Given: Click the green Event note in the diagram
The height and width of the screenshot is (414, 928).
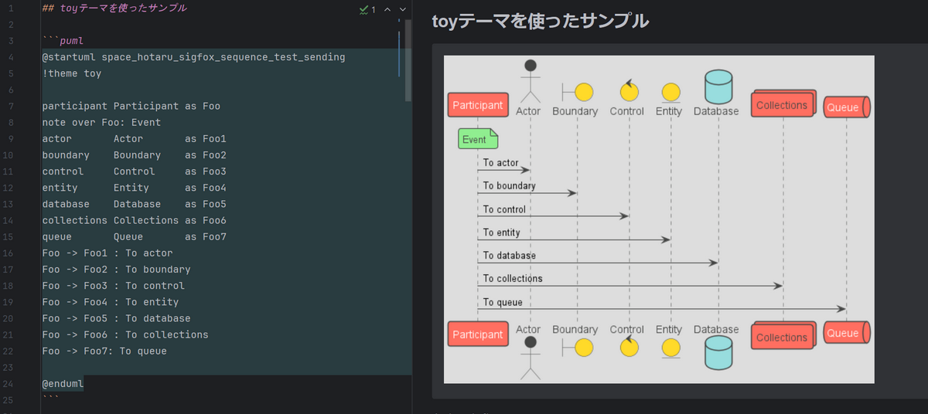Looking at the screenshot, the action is [x=478, y=138].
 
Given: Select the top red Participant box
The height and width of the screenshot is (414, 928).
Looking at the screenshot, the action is [x=478, y=105].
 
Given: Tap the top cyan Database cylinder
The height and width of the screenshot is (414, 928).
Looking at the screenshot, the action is [x=718, y=87].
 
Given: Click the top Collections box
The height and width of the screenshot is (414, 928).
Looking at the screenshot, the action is [x=783, y=103].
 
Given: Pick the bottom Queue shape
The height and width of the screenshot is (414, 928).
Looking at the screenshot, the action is [x=846, y=333].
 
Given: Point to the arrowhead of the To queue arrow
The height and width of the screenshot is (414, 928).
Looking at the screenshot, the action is [x=841, y=308].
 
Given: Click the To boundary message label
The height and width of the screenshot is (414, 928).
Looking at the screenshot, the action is [x=509, y=185].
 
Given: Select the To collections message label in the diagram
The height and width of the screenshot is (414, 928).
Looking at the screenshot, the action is [x=513, y=278].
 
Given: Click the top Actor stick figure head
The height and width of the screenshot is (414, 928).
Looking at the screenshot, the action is [x=531, y=66].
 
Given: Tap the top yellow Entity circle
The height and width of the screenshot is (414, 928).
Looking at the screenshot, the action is [x=670, y=92].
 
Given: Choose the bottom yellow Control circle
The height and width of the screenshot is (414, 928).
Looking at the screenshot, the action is [x=629, y=348].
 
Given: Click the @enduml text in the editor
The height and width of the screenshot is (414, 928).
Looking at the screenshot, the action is [x=63, y=384].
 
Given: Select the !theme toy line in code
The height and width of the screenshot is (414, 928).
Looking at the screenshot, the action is [x=72, y=73].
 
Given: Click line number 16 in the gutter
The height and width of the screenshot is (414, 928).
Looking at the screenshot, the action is [x=8, y=253].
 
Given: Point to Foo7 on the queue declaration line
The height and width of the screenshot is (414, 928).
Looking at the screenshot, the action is [x=214, y=236].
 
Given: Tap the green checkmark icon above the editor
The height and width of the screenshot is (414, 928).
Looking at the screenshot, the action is [x=363, y=9].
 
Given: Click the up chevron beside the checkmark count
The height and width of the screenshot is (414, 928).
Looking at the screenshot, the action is [x=387, y=9].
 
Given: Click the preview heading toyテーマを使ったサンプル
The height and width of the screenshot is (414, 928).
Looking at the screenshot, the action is [x=541, y=21].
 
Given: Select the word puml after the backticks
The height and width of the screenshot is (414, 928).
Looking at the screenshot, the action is [x=71, y=41].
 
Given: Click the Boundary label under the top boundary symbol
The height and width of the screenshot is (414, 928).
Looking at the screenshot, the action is [x=575, y=111].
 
